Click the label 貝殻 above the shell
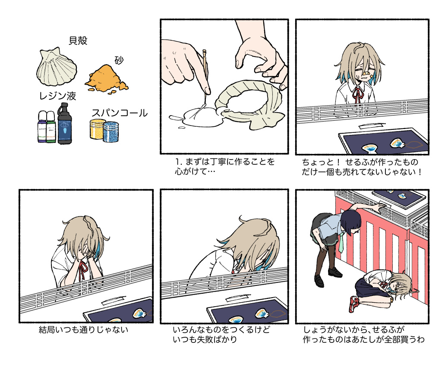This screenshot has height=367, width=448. click(78, 41)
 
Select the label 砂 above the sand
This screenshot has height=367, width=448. click(119, 60)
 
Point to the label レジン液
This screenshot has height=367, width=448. click(58, 96)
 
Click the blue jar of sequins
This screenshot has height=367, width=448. click(111, 132)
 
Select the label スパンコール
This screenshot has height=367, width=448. click(120, 113)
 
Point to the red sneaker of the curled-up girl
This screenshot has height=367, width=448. click(354, 304)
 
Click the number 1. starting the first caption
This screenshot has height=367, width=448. click(178, 162)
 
